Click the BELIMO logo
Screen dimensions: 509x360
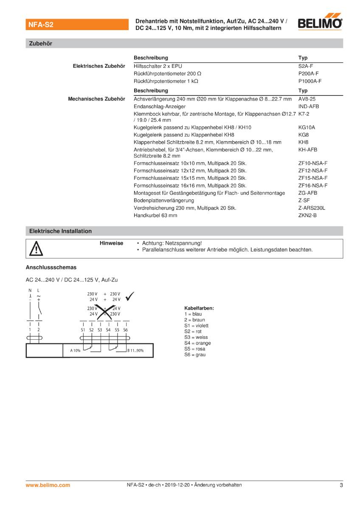tap(320, 23)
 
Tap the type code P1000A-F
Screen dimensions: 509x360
tap(310, 81)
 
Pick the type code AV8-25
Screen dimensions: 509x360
tap(307, 99)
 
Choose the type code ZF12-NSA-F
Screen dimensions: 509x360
tap(313, 171)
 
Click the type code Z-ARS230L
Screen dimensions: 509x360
tap(312, 208)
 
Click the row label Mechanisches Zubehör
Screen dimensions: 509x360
tap(96, 99)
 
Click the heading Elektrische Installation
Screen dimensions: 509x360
tap(60, 231)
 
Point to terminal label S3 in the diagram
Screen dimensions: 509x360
tap(100, 330)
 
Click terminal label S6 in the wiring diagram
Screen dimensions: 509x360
tap(125, 330)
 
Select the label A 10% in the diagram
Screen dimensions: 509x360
tap(75, 350)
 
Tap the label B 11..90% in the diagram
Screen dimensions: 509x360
tap(135, 350)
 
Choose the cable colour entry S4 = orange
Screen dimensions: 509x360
tap(197, 343)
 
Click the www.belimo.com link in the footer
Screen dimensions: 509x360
tap(48, 485)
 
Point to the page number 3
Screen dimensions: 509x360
tap(341, 485)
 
